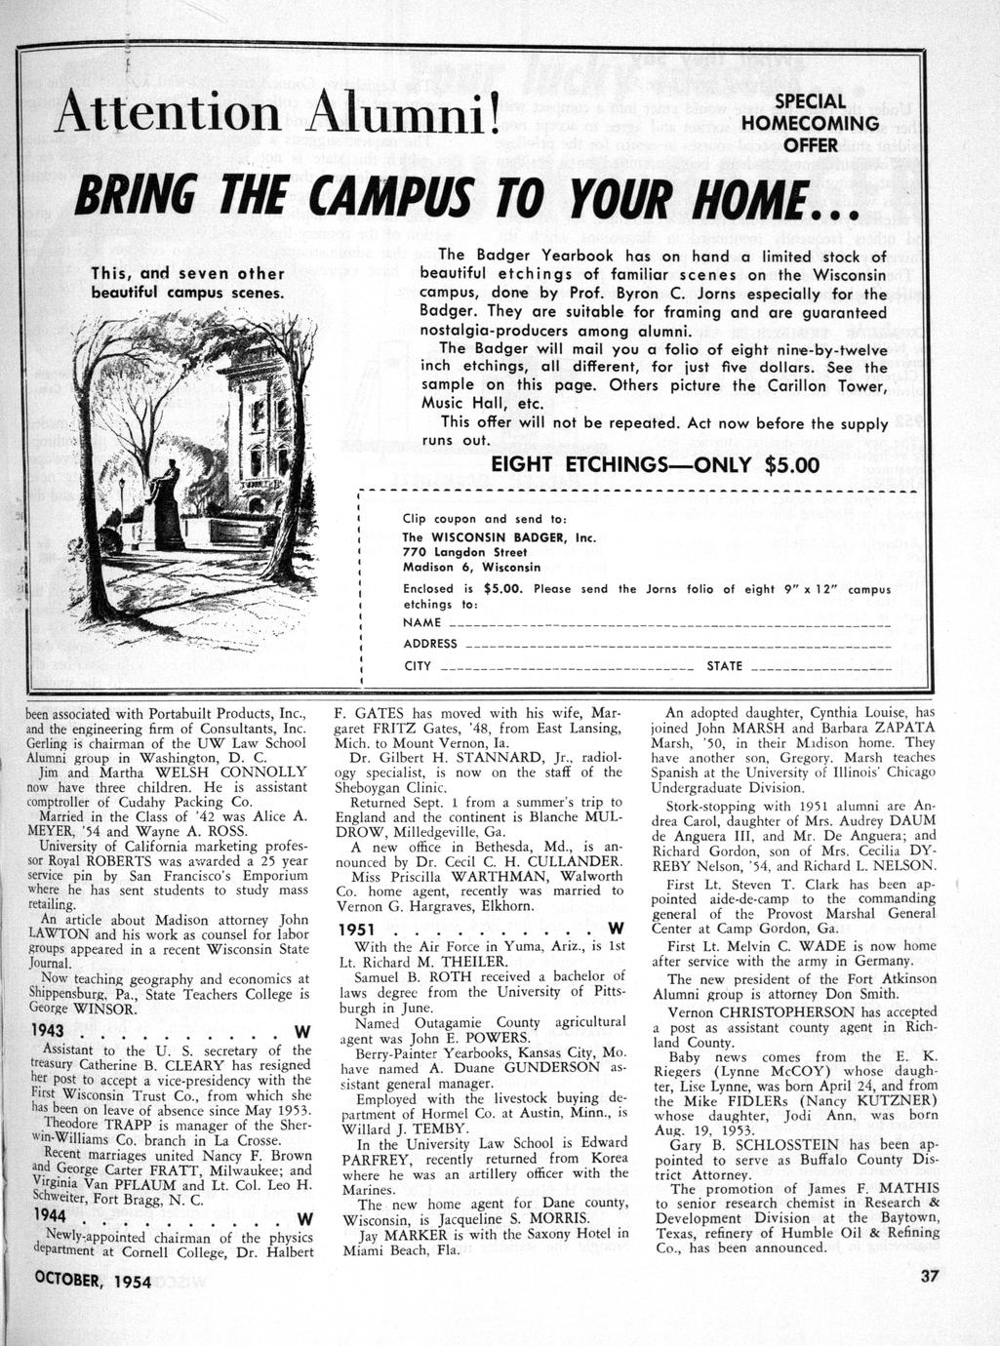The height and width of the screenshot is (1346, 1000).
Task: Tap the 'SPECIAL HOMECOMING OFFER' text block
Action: pos(810,123)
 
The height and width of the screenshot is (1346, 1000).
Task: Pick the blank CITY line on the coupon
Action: pos(567,668)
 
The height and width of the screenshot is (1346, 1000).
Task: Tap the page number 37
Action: pos(928,1280)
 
